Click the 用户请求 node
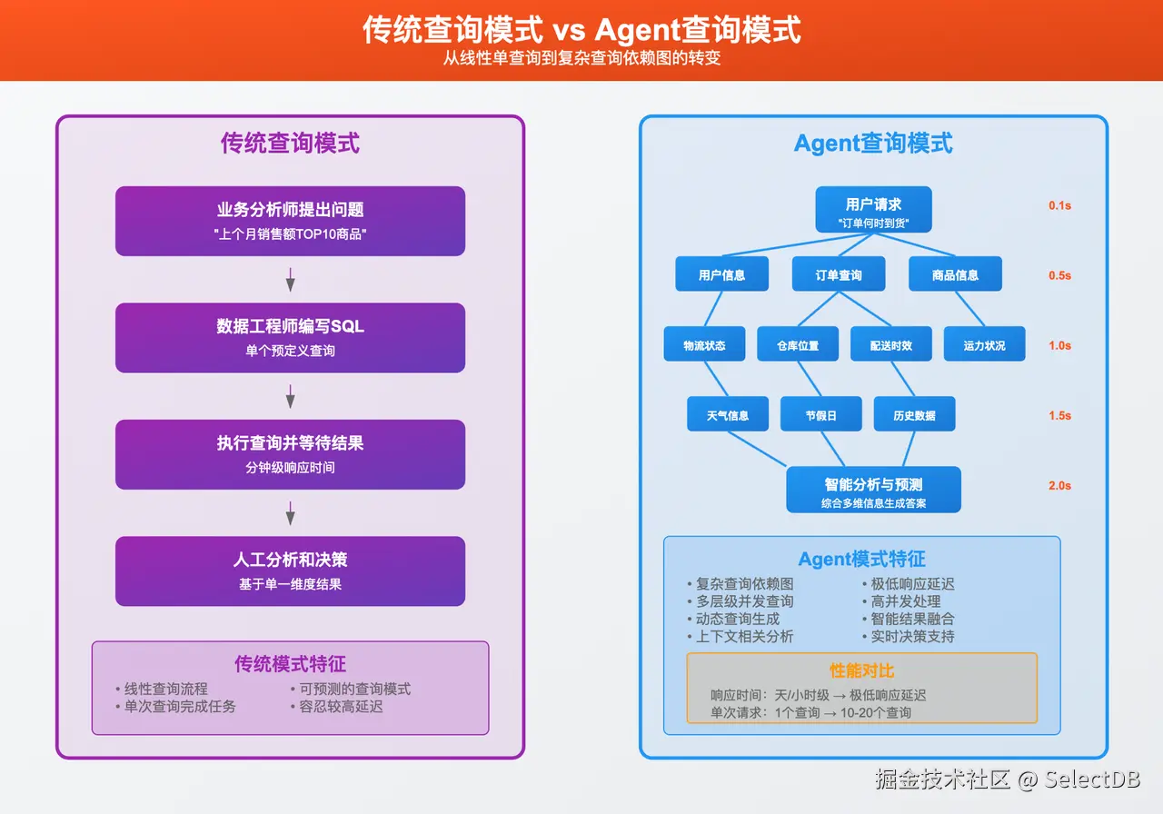[x=873, y=211]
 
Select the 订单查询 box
[x=838, y=274]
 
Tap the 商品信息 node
[x=955, y=274]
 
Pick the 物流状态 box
[x=704, y=344]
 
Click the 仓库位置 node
[x=797, y=344]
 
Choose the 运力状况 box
[x=984, y=344]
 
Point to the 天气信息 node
[x=728, y=414]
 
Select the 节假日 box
[x=820, y=414]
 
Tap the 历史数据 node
[x=914, y=414]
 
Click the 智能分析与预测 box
[x=873, y=491]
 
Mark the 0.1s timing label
[x=1059, y=205]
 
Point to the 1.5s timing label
[x=1059, y=415]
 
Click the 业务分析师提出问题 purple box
[x=290, y=221]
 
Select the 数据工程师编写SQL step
[x=290, y=337]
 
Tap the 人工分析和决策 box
[x=290, y=571]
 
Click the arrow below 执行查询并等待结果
[x=291, y=513]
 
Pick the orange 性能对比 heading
[x=861, y=670]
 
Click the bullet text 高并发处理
[x=905, y=601]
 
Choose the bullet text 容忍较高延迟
[x=341, y=706]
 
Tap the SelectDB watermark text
[x=1091, y=779]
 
